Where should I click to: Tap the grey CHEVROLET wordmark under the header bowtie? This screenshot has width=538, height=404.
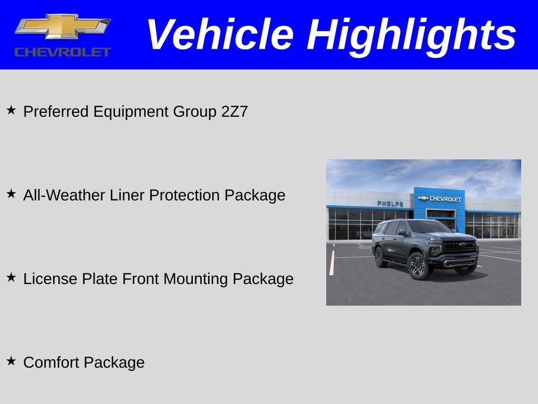click(x=63, y=52)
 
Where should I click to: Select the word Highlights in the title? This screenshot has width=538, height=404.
click(x=411, y=35)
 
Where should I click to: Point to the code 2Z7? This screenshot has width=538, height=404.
click(x=234, y=112)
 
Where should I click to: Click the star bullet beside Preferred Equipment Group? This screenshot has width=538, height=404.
click(x=11, y=110)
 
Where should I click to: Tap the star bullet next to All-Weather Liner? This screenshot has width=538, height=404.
click(x=11, y=194)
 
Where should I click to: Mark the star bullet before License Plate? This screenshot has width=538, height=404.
click(x=11, y=278)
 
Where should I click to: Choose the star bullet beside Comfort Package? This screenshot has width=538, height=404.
click(x=11, y=361)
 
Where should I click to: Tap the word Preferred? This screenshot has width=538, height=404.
click(x=57, y=112)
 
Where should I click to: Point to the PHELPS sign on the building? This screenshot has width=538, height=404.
click(x=390, y=204)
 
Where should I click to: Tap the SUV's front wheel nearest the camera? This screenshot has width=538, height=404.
click(x=418, y=265)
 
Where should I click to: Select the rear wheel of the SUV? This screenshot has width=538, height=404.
click(x=379, y=257)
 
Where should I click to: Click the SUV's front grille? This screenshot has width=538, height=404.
click(x=459, y=247)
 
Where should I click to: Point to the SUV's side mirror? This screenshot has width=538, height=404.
click(x=402, y=231)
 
